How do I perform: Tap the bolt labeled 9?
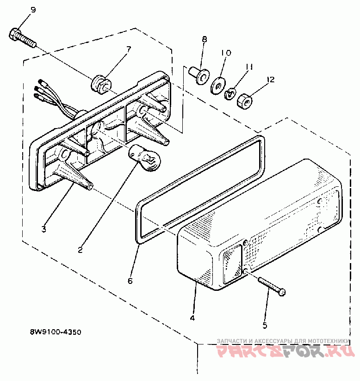[x=21, y=37]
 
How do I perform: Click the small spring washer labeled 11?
[x=229, y=94]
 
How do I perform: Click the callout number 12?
[x=270, y=80]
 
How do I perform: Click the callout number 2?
[x=80, y=250]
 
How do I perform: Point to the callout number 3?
[x=43, y=229]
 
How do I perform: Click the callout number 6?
[x=130, y=281]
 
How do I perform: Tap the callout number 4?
[x=192, y=318]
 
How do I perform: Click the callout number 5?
[x=265, y=326]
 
